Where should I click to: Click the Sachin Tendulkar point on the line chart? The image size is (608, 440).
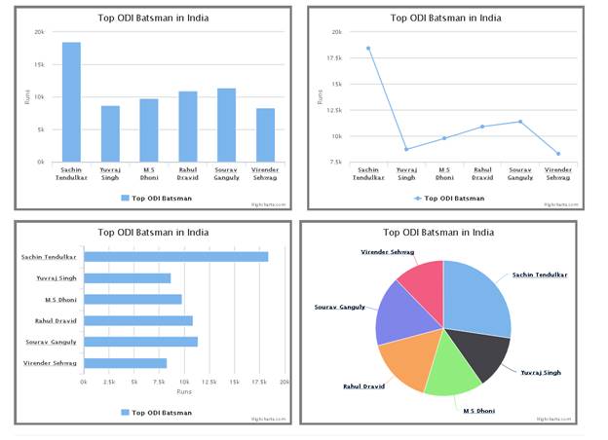368,48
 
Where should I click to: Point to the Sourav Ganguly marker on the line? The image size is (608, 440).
521,122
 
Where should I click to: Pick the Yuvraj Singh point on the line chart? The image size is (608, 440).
406,149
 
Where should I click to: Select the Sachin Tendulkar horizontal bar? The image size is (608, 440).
175,257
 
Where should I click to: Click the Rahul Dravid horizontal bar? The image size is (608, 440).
138,320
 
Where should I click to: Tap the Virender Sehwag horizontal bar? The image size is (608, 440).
126,363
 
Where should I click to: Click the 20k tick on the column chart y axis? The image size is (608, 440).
40,32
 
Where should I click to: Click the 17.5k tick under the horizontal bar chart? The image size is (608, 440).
259,383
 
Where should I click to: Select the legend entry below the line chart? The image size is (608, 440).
447,198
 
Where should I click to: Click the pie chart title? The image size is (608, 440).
438,233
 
